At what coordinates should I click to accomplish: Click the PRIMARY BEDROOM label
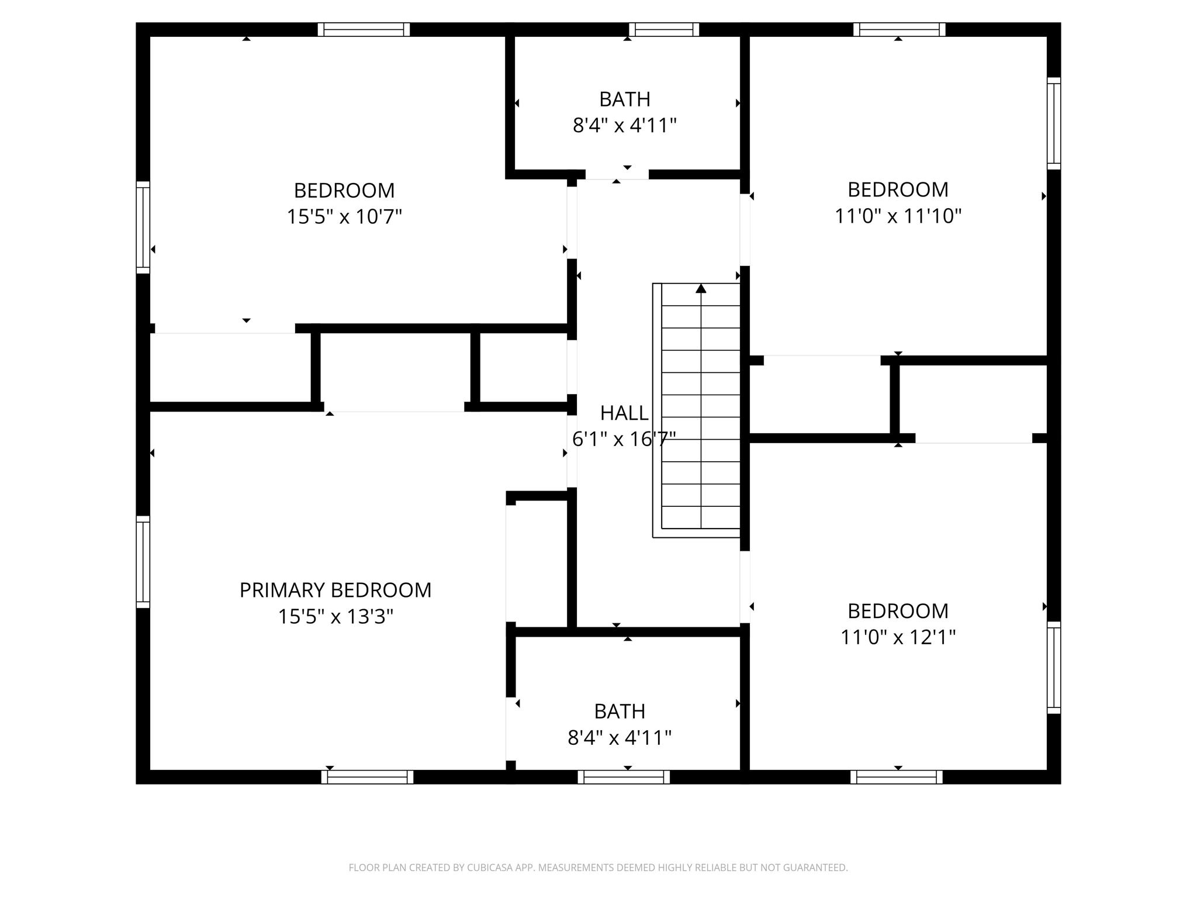tap(335, 590)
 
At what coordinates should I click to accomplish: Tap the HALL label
tap(624, 413)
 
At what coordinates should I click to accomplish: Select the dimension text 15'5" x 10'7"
tap(344, 217)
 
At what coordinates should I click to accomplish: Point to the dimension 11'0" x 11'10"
tap(898, 216)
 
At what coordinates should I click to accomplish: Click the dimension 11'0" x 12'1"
tap(898, 637)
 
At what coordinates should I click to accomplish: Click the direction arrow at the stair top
tap(701, 289)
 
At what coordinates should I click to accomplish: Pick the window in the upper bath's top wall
tap(664, 30)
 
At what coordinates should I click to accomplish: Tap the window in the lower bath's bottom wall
tap(624, 777)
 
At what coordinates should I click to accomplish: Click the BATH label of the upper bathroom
tap(624, 99)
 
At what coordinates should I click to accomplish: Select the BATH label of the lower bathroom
tap(620, 712)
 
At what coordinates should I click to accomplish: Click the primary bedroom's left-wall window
tap(143, 562)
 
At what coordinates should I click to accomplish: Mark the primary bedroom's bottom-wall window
tap(367, 777)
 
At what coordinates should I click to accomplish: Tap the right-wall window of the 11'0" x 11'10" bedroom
tap(1053, 123)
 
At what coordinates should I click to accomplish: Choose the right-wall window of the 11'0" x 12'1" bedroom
tap(1053, 667)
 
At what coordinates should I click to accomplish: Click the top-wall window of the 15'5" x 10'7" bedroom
tap(364, 30)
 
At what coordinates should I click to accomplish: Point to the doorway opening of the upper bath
tap(617, 174)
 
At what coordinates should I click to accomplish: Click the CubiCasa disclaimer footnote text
tap(598, 868)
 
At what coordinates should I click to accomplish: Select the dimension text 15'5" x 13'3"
tap(335, 617)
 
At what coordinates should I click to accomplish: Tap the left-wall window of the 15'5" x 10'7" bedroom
tap(143, 227)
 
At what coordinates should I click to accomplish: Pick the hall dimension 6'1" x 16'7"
tap(624, 439)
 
